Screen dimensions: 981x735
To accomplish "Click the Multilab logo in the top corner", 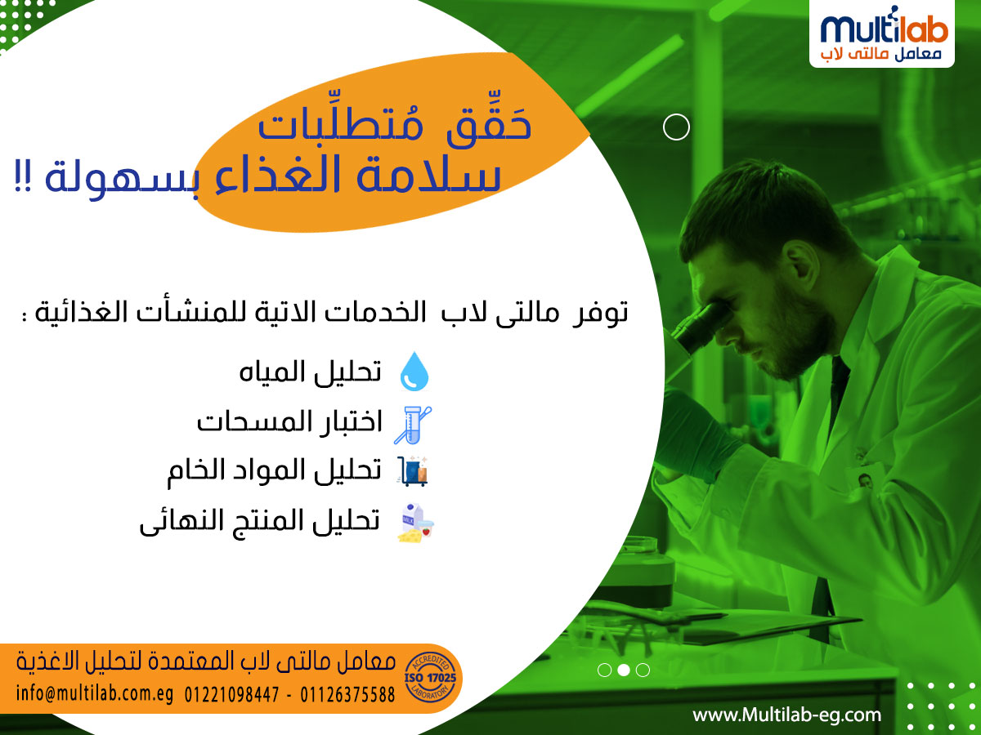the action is [881, 34].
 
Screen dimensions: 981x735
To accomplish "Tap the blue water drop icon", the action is [414, 372].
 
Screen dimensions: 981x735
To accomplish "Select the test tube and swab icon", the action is [413, 425].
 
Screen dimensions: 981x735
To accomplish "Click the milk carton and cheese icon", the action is [415, 523].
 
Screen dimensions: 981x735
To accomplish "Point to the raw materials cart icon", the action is [413, 470].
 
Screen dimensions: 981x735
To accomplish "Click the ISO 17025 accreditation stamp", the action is [430, 678].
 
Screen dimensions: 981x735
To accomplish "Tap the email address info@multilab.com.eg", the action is [95, 694].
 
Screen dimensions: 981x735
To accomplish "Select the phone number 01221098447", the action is [231, 695].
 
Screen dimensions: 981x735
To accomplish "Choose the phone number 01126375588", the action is [347, 695].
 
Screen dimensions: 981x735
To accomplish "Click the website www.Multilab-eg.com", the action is [787, 715].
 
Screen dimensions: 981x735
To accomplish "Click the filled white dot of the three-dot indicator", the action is [624, 670].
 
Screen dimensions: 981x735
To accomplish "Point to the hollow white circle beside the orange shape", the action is [676, 127].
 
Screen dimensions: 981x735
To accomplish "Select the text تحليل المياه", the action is [310, 372].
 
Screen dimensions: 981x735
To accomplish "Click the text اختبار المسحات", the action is [289, 421].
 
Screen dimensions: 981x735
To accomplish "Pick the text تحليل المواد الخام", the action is [275, 472].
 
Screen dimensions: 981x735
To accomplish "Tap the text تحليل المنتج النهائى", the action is [260, 522].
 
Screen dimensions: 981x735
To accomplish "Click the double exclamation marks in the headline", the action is [23, 176].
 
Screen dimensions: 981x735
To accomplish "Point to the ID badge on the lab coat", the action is [866, 481].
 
